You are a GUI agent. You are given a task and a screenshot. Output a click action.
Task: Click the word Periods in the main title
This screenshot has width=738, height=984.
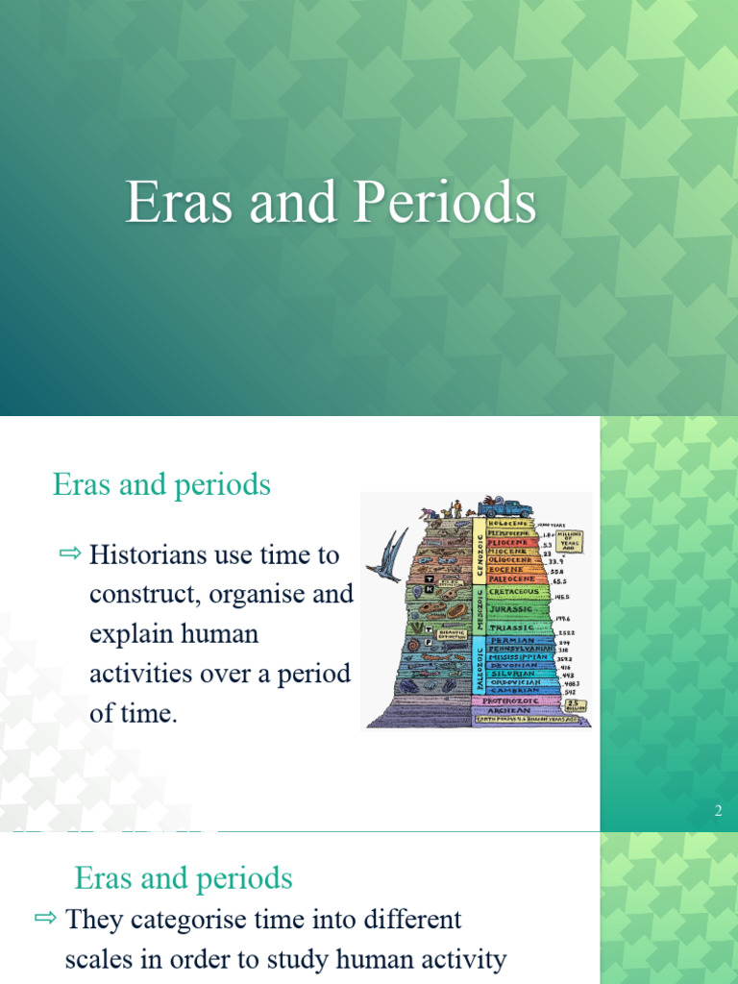coord(444,204)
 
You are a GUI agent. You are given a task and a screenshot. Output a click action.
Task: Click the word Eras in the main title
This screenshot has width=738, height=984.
coord(176,204)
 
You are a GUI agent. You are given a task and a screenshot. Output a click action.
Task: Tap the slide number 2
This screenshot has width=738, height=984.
coord(717,812)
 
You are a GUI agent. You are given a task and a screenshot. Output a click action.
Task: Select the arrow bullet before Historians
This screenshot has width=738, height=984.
coord(71,553)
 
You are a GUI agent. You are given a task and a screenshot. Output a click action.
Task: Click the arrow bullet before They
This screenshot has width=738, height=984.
coord(46,919)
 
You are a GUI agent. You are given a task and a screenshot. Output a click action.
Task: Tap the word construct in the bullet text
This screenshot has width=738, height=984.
coord(139,594)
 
